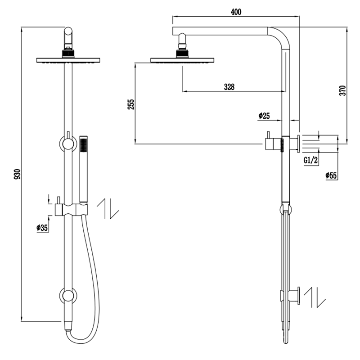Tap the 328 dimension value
click(x=229, y=87)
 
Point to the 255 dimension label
click(x=130, y=104)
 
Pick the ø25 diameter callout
click(x=264, y=116)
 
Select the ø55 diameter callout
click(x=332, y=175)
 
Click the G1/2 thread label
click(x=311, y=160)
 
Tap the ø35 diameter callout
click(x=42, y=228)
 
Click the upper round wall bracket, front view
click(x=68, y=144)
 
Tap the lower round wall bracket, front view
click(x=68, y=296)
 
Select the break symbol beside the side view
click(x=314, y=298)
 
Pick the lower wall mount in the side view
click(x=295, y=297)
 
